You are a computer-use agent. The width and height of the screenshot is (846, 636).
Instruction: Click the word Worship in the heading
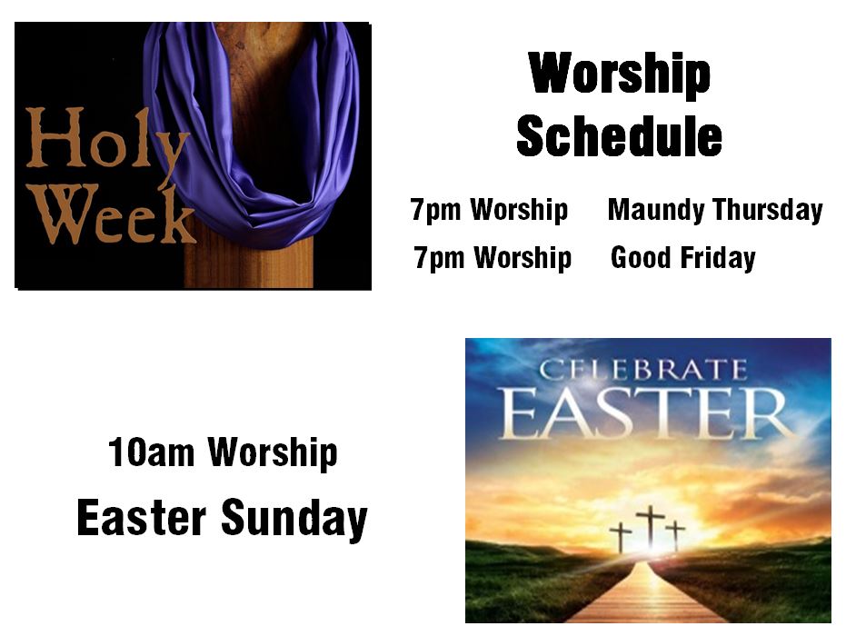(620, 75)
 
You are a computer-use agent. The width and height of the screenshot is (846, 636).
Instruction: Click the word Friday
(718, 258)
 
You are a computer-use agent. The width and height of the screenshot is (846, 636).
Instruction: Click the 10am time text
(151, 452)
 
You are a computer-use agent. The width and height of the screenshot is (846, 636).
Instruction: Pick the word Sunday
(294, 518)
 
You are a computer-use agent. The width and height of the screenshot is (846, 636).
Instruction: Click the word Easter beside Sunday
(142, 517)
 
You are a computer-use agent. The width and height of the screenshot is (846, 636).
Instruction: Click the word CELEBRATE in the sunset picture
(643, 370)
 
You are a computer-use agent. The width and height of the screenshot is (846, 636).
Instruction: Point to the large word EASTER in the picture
(647, 413)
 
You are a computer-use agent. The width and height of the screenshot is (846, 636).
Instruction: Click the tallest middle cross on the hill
(650, 526)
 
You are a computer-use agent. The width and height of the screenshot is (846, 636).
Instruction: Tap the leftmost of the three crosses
(621, 536)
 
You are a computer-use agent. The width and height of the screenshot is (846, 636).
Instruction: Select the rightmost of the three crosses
(675, 534)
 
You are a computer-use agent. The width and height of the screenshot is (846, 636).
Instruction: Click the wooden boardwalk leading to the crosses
(647, 593)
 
